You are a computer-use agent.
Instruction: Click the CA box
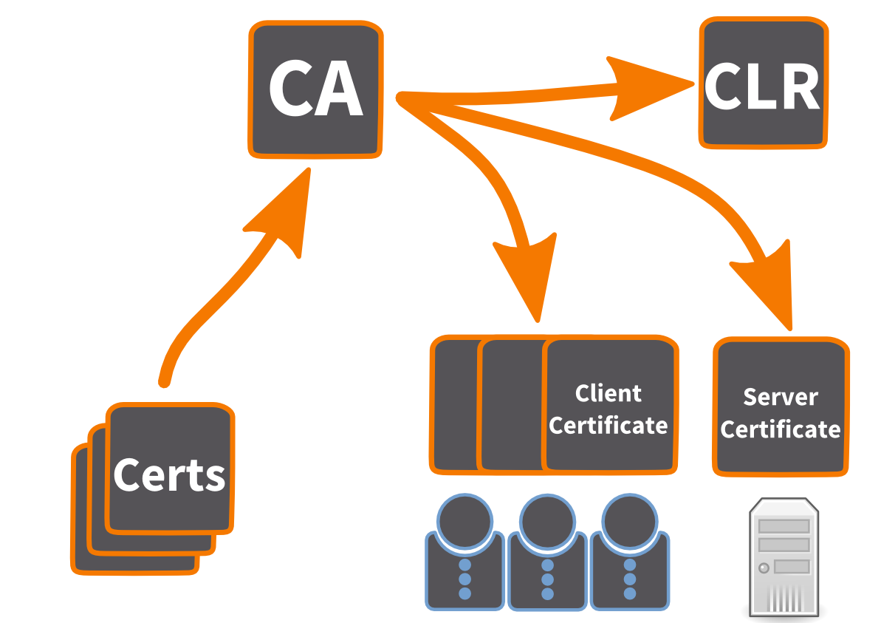click(315, 89)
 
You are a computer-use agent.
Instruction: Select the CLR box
click(763, 84)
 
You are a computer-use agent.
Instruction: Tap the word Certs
click(169, 475)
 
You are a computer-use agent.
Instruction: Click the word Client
click(608, 394)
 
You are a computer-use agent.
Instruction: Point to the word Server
click(780, 398)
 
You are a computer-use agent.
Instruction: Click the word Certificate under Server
click(780, 429)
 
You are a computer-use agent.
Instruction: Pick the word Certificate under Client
click(608, 426)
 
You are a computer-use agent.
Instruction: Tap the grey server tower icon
click(784, 558)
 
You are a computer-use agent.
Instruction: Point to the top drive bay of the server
click(784, 526)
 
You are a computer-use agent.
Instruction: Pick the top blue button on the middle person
click(547, 566)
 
